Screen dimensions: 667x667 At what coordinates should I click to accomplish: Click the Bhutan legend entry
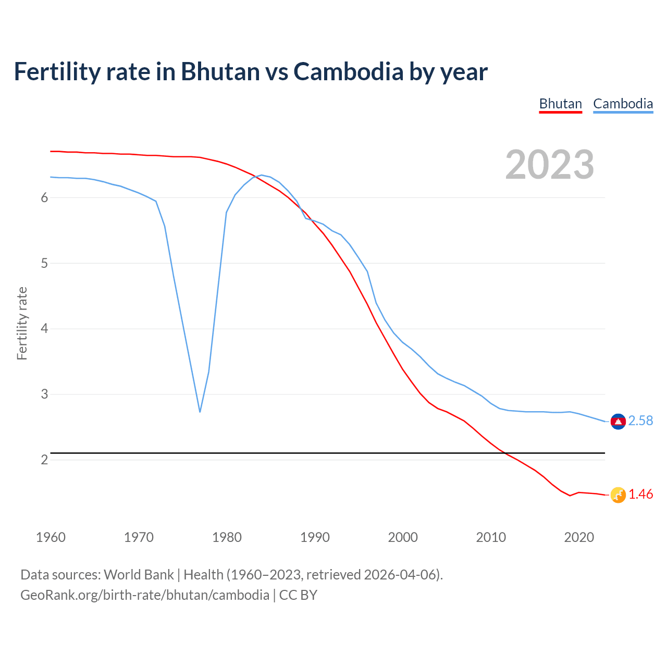click(x=560, y=104)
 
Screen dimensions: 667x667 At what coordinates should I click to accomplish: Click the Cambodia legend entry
click(x=623, y=104)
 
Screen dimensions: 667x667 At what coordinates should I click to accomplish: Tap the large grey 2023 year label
click(x=550, y=165)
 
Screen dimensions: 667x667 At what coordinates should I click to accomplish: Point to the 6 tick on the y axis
click(x=44, y=198)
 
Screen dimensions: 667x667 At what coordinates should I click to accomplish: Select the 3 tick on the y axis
click(x=44, y=394)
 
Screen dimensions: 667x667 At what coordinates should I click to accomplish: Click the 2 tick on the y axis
click(x=44, y=460)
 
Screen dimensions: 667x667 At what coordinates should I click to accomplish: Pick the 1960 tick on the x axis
click(x=51, y=537)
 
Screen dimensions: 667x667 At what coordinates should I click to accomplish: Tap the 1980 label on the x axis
click(x=227, y=537)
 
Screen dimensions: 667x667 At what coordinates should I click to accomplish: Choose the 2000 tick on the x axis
click(x=403, y=537)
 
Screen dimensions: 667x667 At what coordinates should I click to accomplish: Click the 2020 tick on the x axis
click(x=579, y=537)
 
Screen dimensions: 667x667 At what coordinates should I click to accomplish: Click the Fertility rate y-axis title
click(x=22, y=323)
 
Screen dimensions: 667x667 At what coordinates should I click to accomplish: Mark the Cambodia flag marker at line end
click(x=618, y=421)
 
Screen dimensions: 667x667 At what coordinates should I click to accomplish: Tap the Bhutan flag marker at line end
click(x=618, y=495)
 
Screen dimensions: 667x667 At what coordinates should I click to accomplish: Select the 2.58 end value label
click(x=640, y=421)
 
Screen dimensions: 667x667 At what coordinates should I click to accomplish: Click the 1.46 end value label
click(x=640, y=495)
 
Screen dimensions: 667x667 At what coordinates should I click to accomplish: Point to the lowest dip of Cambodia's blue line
click(x=200, y=411)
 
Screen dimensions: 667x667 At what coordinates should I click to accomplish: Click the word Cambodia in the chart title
click(x=348, y=71)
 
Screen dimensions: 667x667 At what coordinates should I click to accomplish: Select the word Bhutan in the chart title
click(x=220, y=71)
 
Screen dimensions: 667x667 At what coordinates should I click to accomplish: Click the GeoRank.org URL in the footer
click(x=145, y=595)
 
